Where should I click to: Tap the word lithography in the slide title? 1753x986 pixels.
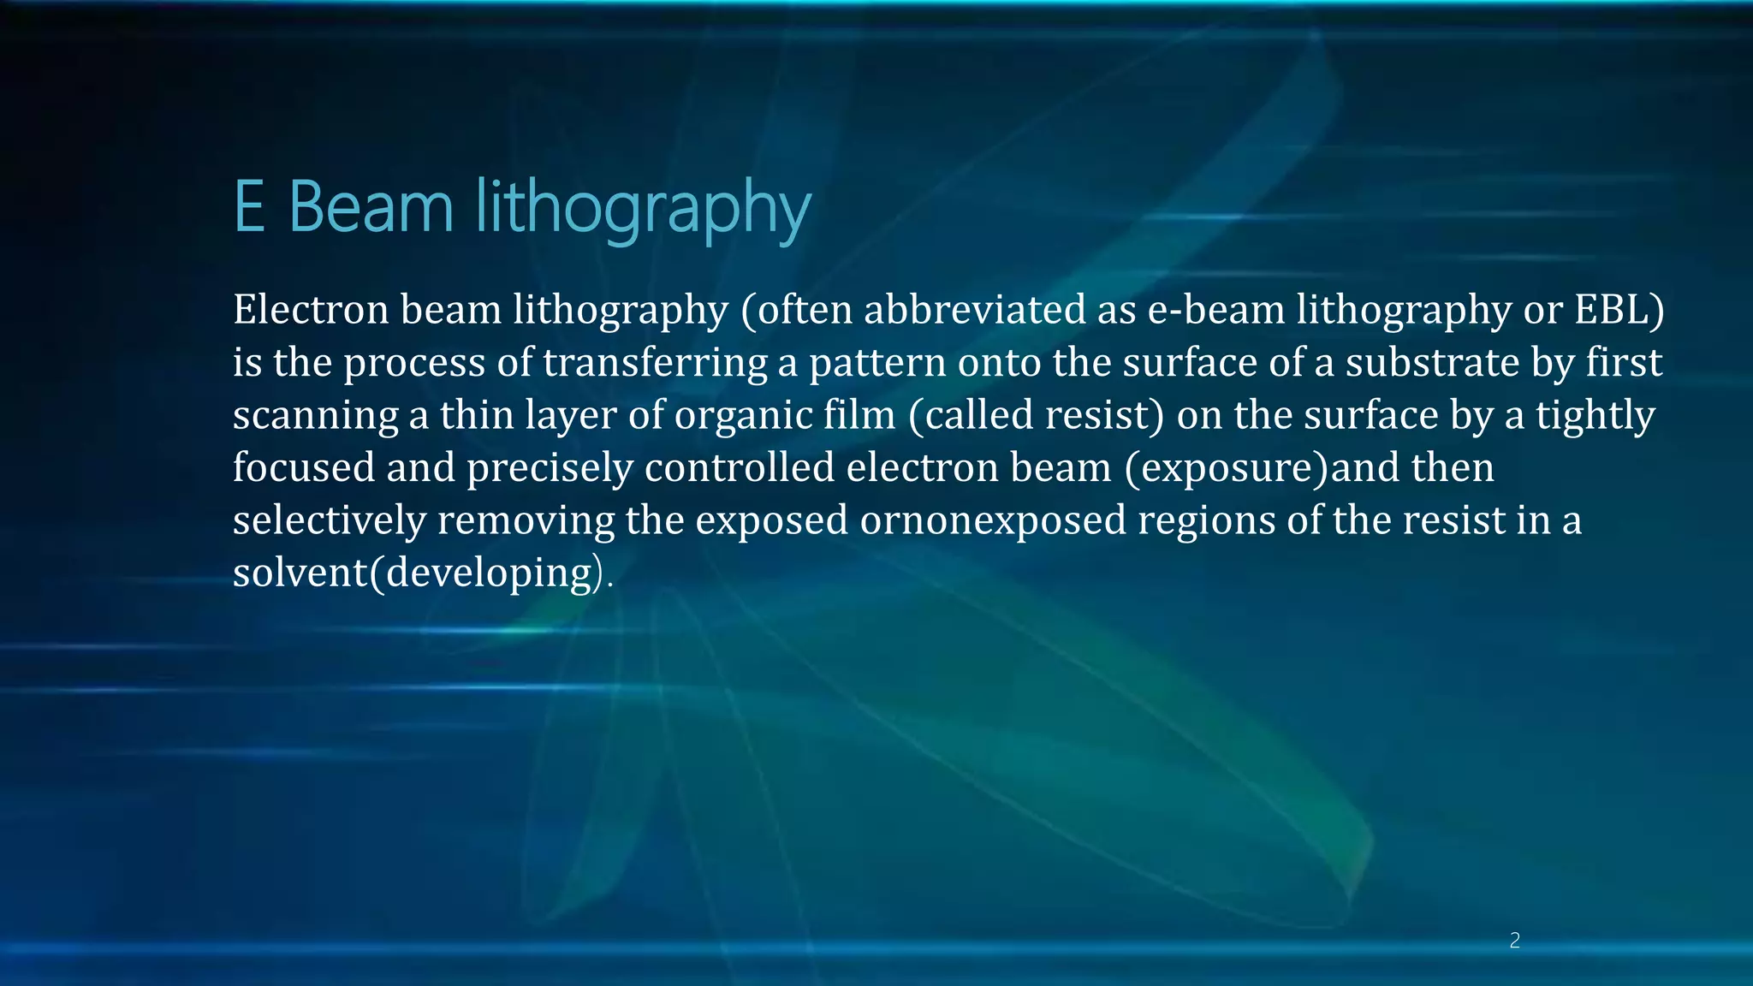642,209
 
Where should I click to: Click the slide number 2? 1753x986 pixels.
1514,941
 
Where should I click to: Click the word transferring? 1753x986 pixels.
655,362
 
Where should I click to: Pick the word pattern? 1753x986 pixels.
877,362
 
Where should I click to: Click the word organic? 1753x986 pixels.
743,416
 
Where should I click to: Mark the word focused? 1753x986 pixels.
304,467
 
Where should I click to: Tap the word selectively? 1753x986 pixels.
329,520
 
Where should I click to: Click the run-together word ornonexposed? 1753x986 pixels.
993,520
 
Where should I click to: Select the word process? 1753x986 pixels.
414,364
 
